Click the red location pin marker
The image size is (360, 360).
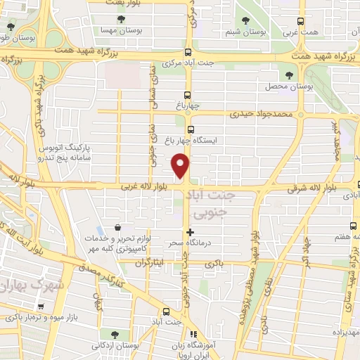[181, 166]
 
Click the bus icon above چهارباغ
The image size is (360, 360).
[187, 95]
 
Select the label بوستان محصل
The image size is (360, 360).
[289, 86]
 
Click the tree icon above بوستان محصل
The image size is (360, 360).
[288, 75]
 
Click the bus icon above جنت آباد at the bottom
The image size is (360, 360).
[167, 311]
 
